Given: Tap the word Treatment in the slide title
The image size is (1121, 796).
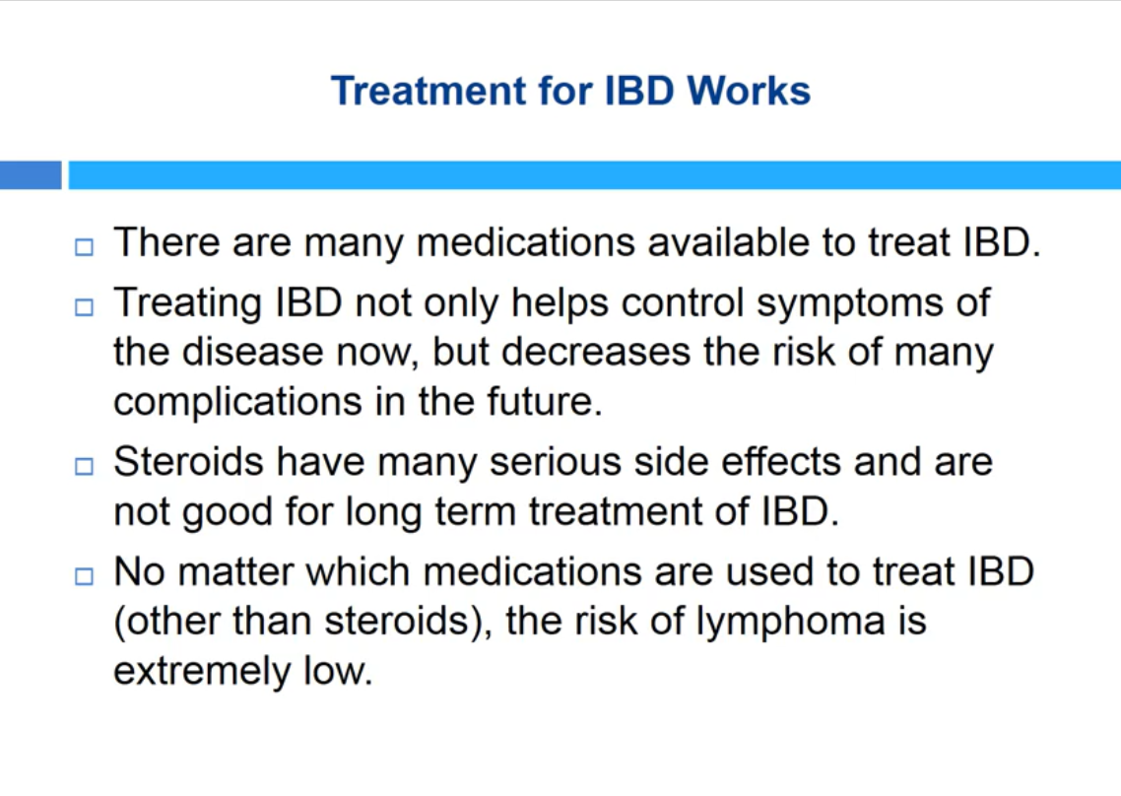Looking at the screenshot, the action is tap(429, 91).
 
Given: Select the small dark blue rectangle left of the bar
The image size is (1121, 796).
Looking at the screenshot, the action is tap(31, 175).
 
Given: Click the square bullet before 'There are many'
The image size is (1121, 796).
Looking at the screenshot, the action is tap(84, 247).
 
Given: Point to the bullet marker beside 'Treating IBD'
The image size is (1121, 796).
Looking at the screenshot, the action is tap(84, 307).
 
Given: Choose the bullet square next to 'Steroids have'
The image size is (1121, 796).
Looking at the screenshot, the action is tap(84, 466).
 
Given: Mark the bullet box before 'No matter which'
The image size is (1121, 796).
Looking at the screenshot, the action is tap(84, 576).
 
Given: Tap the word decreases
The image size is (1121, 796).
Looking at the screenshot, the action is tap(596, 352).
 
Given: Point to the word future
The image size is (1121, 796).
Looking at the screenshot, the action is tap(545, 401).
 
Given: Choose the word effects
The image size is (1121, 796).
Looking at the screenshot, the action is tap(781, 461).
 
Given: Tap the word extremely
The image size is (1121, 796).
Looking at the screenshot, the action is tap(202, 672).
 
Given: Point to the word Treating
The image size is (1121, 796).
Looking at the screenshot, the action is tap(187, 304).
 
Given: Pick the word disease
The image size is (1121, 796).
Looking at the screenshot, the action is tap(253, 352).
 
